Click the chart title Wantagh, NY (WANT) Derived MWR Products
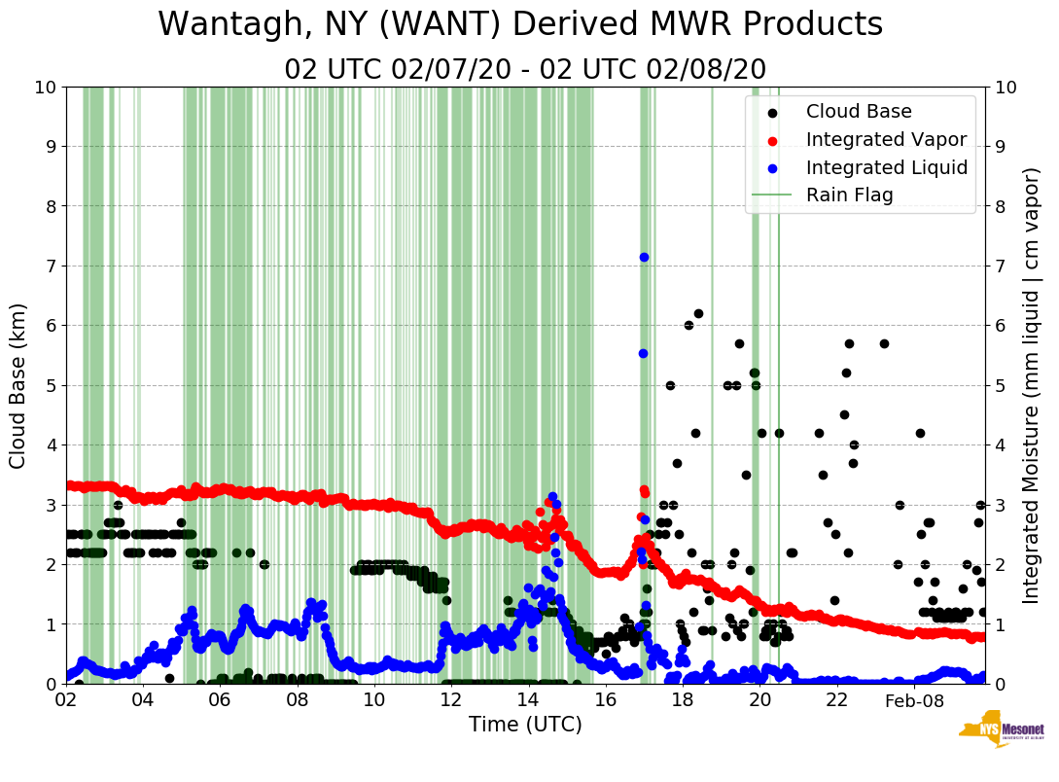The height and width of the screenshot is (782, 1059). (x=520, y=25)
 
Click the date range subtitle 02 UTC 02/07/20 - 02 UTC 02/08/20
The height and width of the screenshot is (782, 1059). (x=525, y=70)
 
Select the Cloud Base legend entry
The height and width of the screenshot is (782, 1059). (x=859, y=112)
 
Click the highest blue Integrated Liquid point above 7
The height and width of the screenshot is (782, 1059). (x=644, y=257)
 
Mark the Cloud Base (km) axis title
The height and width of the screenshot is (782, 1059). (x=18, y=385)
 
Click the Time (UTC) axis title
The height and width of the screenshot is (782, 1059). (x=525, y=725)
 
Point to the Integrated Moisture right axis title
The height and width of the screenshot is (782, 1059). (x=1033, y=385)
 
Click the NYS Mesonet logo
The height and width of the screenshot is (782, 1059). (x=1001, y=734)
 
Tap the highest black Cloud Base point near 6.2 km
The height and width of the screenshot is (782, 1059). (x=698, y=314)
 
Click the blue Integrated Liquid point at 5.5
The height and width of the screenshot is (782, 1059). (x=643, y=353)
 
